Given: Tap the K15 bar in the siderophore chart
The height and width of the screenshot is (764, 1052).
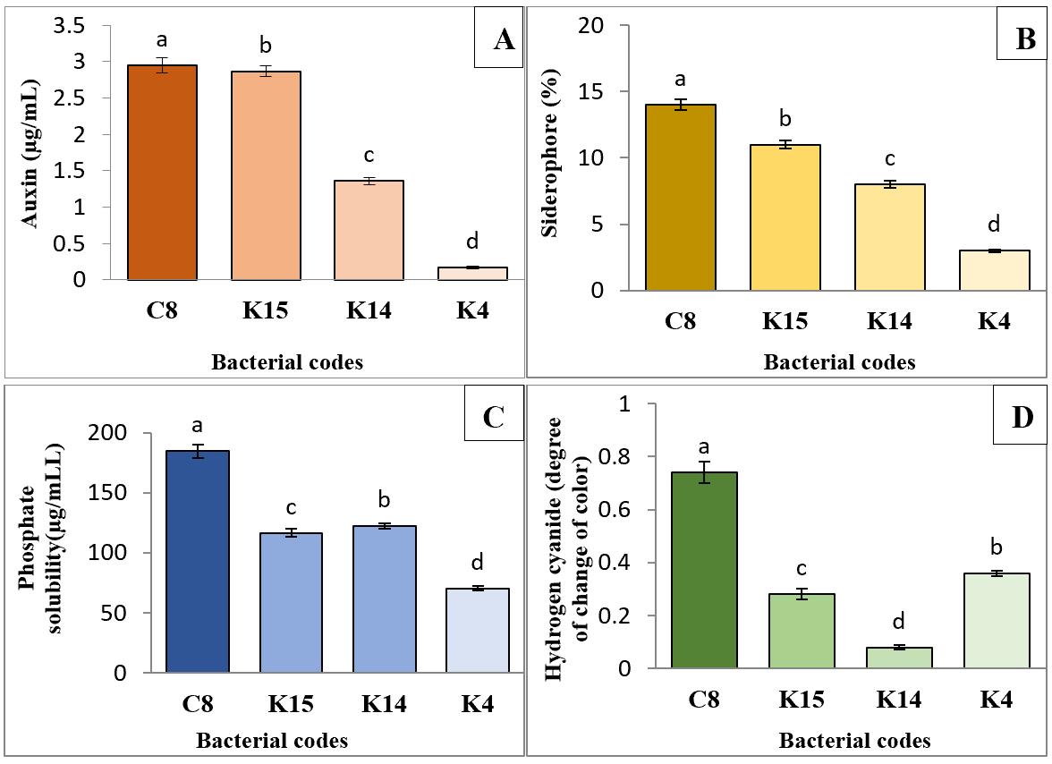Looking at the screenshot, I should (787, 217).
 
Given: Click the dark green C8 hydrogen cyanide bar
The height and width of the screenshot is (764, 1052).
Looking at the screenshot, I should (704, 570).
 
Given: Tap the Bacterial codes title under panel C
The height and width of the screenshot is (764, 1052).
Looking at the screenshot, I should (272, 741).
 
